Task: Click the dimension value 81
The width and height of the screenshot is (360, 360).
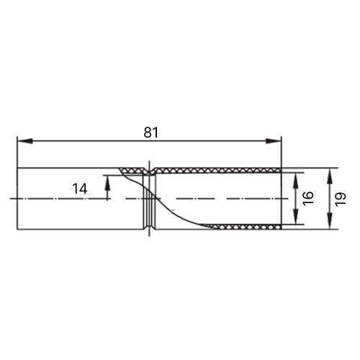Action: click(x=151, y=132)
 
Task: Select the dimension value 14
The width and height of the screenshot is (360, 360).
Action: click(x=80, y=189)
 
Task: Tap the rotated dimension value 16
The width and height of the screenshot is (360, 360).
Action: click(x=309, y=198)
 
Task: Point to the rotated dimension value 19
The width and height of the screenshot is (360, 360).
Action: click(x=341, y=199)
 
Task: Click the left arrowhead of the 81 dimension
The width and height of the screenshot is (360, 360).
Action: click(x=25, y=141)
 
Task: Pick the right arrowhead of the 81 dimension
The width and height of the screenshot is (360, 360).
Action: click(x=273, y=141)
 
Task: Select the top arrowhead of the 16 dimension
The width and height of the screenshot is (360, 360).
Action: click(x=296, y=180)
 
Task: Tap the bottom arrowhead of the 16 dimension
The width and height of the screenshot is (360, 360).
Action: click(x=296, y=217)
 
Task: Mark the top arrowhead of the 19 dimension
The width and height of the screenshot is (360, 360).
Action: click(x=330, y=176)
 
